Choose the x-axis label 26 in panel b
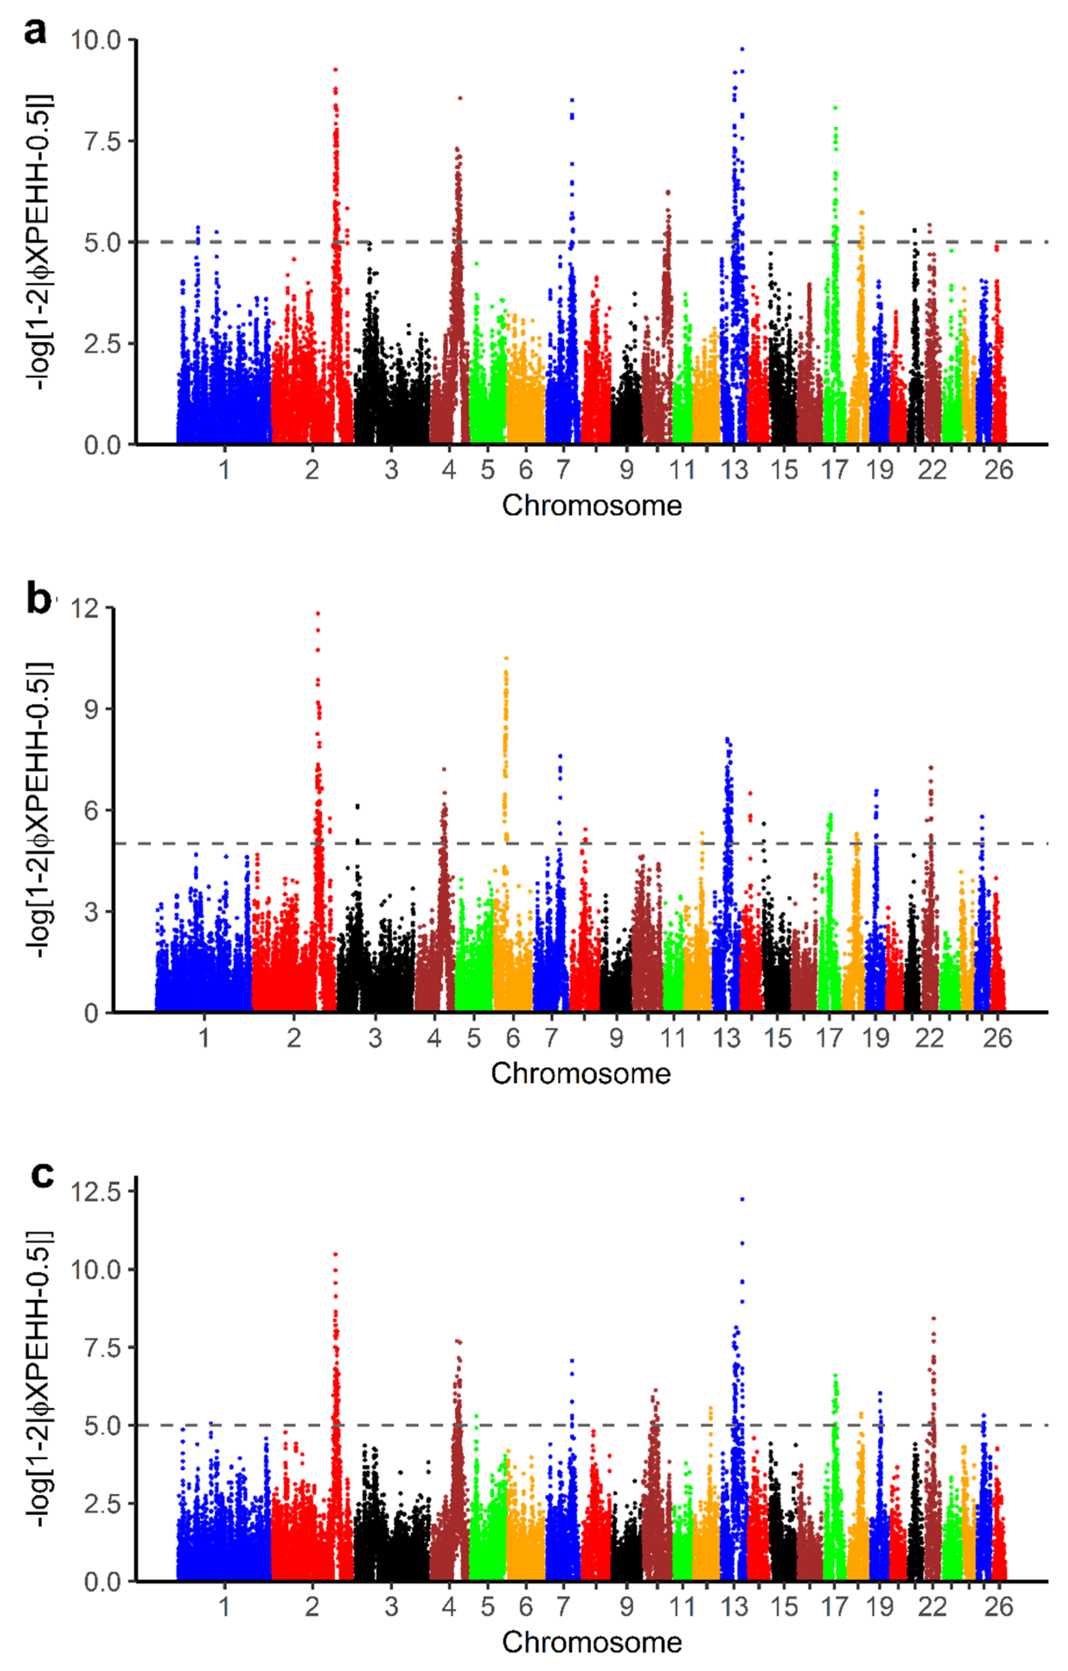997,1038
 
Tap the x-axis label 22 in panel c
931,1607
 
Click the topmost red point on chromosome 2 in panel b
318,613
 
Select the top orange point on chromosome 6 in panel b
506,658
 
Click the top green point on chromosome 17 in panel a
835,108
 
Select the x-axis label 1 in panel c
223,1607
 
